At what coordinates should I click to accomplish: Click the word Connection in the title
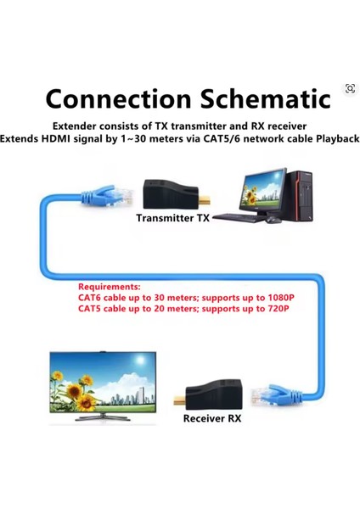[x=119, y=98]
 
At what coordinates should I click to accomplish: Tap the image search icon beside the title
[x=350, y=89]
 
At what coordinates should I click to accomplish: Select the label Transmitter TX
[x=173, y=218]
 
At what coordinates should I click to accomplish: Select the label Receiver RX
[x=212, y=419]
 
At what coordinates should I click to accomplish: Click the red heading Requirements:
[x=110, y=287]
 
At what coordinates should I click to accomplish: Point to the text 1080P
[x=278, y=298]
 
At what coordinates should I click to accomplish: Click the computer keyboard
[x=241, y=218]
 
